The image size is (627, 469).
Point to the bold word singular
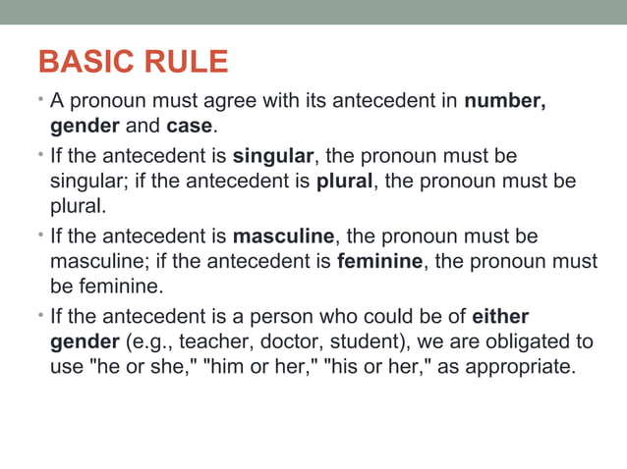272,157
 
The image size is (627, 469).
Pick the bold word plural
341,182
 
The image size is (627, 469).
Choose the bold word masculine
284,236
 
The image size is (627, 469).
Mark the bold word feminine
379,262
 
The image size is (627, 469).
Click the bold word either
500,317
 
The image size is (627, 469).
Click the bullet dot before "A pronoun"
42,99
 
